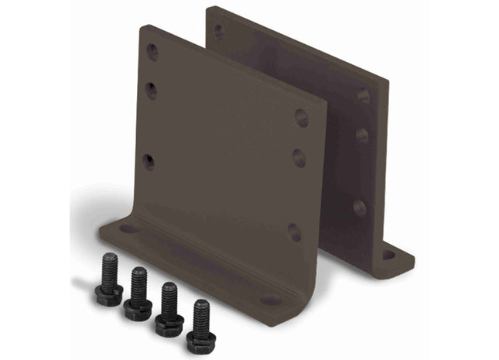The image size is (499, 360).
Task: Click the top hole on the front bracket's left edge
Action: [152, 53]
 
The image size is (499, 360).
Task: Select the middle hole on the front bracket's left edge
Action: [151, 91]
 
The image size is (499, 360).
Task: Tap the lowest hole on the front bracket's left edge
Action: [148, 162]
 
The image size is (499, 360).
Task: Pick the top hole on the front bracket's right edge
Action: [302, 118]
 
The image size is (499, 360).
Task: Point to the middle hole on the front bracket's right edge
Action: [299, 158]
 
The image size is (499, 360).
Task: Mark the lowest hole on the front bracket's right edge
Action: [294, 231]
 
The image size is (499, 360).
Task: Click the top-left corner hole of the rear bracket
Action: [219, 32]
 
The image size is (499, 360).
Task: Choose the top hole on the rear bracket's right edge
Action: [363, 96]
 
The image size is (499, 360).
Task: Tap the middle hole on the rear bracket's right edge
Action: [362, 135]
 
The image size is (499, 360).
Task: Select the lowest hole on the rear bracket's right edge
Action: [359, 207]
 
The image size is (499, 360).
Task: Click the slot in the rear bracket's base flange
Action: [388, 254]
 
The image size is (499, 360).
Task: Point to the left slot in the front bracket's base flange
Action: [128, 228]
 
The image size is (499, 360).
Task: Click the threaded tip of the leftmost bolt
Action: [109, 259]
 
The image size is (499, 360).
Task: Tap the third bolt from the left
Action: [169, 307]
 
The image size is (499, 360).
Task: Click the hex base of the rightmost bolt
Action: [201, 341]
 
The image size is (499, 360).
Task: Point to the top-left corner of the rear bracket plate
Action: [209, 9]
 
